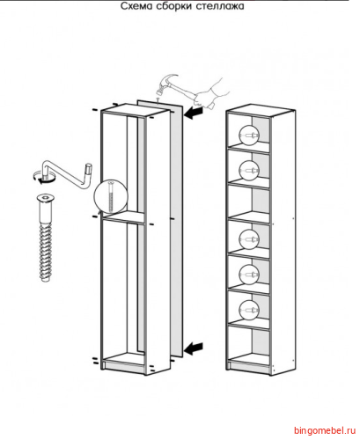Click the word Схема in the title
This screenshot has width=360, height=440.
[136, 6]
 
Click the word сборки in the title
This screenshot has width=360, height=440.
[174, 6]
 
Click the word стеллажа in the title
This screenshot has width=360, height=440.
[220, 6]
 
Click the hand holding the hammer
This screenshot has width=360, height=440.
[209, 94]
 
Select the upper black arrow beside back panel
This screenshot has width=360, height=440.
[194, 113]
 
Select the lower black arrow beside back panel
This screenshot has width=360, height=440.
[194, 348]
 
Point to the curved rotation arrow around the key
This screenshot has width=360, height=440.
[42, 179]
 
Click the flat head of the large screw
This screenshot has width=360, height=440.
[45, 199]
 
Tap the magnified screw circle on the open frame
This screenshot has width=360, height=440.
[111, 196]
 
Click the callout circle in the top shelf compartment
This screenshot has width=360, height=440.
[249, 136]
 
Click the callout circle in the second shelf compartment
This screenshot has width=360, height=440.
[249, 171]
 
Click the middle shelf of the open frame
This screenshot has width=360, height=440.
[123, 217]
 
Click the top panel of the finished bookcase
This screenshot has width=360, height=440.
[261, 109]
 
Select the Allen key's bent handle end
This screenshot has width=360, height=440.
[88, 169]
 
